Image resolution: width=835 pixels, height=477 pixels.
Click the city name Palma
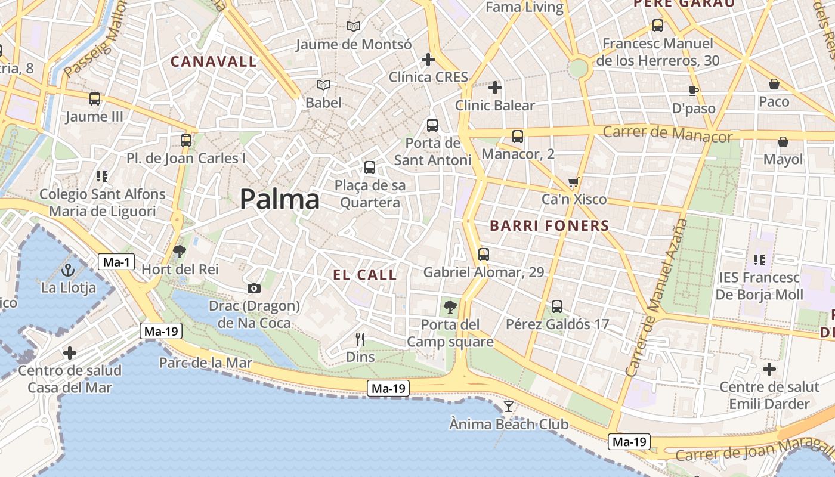279,199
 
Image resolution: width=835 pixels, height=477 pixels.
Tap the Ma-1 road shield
117,262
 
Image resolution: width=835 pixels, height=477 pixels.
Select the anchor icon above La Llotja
67,270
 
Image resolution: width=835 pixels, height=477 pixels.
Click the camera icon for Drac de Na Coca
254,289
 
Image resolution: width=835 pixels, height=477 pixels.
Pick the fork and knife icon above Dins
360,339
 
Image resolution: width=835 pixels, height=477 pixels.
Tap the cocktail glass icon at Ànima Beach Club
509,407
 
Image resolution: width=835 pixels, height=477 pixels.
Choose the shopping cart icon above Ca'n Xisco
574,182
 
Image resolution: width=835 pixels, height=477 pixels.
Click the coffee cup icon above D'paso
693,91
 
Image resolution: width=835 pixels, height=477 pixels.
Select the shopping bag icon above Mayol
783,142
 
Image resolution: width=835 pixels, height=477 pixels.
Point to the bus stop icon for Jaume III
95,99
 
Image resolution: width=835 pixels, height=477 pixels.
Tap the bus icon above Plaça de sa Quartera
370,168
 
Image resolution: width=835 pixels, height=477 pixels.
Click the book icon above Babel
323,85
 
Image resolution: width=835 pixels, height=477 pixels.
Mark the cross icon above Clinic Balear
494,88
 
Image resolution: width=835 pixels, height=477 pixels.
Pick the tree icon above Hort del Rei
180,252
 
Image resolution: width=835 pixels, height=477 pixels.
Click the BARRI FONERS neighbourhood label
549,226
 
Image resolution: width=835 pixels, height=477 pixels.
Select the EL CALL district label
364,275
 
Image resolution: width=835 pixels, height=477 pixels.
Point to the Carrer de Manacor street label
667,133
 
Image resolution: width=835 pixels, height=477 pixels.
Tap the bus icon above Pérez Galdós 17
557,306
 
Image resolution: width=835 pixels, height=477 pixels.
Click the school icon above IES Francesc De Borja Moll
759,260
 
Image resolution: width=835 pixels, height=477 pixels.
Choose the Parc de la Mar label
205,363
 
